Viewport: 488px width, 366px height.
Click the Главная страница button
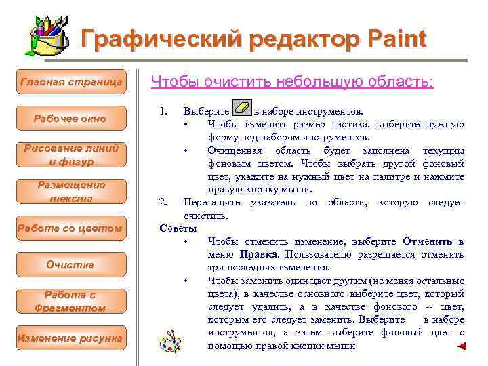tap(71, 82)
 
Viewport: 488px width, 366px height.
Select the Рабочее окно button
tap(71, 119)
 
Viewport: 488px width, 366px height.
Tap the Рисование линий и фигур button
tap(71, 155)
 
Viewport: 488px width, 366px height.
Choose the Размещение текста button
tap(71, 192)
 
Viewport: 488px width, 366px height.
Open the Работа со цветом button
tap(71, 228)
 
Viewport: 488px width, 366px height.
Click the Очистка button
tap(71, 265)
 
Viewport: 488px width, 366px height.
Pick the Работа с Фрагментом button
tap(71, 302)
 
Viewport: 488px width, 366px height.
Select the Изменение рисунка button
tap(71, 338)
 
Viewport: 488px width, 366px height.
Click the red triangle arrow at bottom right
tap(462, 346)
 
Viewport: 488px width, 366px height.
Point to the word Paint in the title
tap(391, 39)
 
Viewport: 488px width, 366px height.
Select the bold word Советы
tap(178, 228)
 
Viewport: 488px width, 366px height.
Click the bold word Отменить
tap(428, 241)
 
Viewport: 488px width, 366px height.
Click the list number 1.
tap(163, 110)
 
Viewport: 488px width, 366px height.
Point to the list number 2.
tap(163, 202)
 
